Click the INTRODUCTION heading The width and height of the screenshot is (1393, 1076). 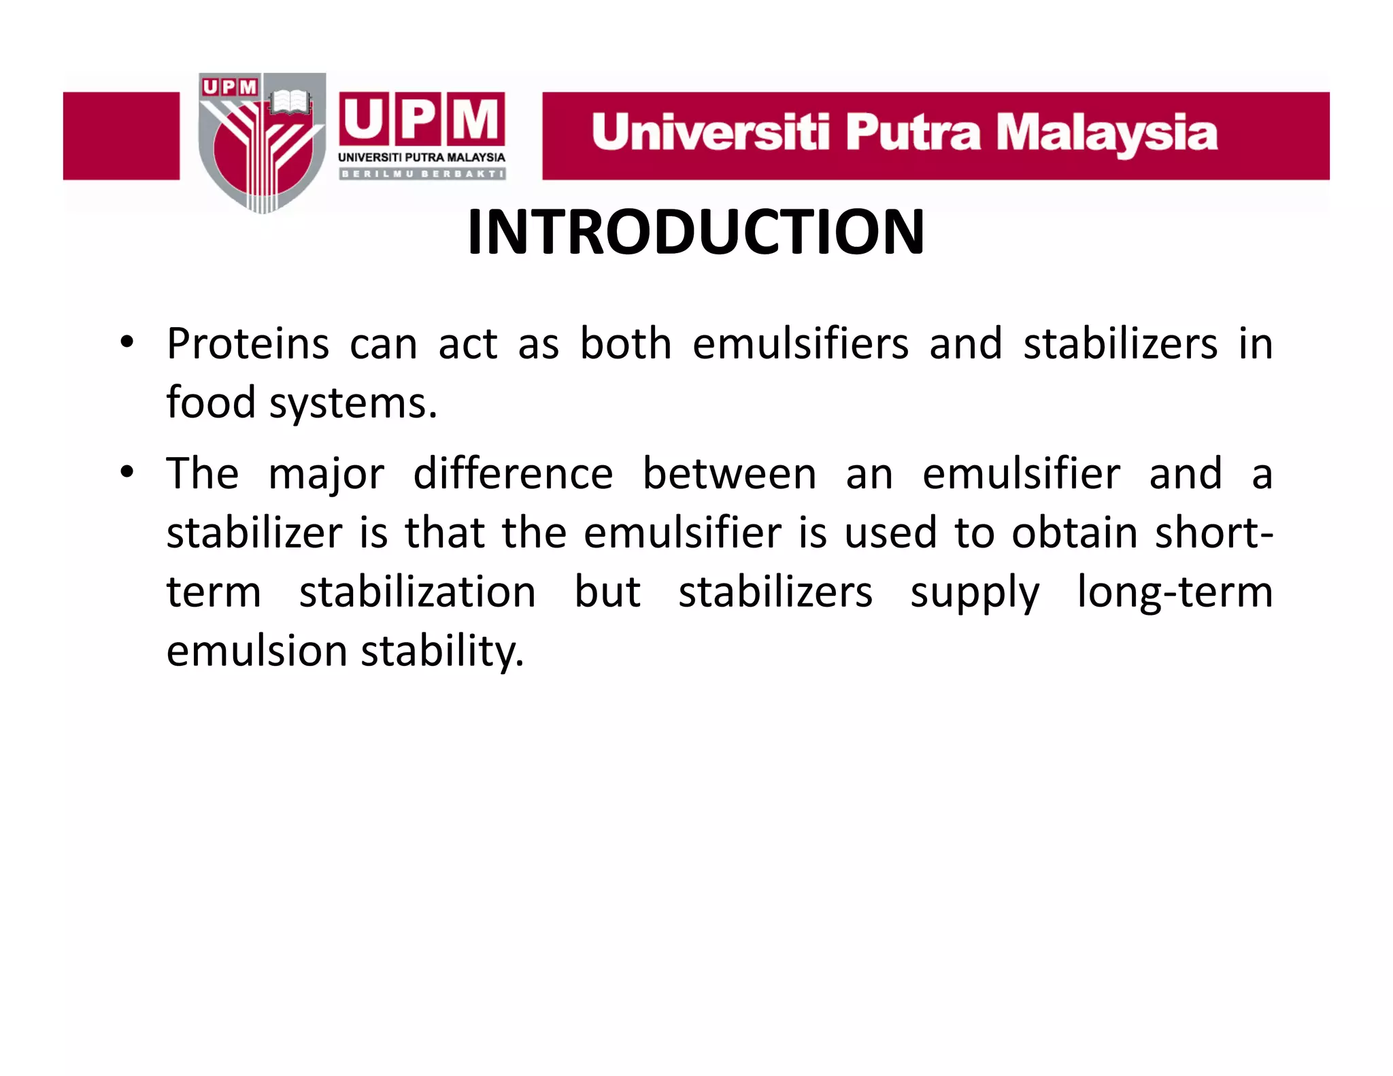pyautogui.click(x=696, y=233)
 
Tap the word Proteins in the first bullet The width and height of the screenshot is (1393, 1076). pyautogui.click(x=248, y=343)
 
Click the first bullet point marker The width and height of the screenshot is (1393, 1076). pyautogui.click(x=127, y=342)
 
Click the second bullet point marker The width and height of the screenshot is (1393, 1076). pyautogui.click(x=127, y=472)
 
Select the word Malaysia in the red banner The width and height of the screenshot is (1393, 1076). pyautogui.click(x=1107, y=134)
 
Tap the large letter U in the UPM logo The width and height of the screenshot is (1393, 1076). pyautogui.click(x=365, y=119)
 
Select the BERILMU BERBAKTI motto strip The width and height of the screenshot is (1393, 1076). pyautogui.click(x=422, y=174)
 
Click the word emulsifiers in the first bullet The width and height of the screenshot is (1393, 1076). pyautogui.click(x=800, y=343)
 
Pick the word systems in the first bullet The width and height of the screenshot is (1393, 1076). pyautogui.click(x=353, y=404)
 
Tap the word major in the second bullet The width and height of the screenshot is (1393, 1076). pyautogui.click(x=326, y=475)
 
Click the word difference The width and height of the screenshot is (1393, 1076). pyautogui.click(x=513, y=473)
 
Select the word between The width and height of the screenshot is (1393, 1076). pyautogui.click(x=729, y=473)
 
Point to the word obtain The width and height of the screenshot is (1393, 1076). pyautogui.click(x=1074, y=533)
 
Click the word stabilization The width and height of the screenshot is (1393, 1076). pyautogui.click(x=418, y=592)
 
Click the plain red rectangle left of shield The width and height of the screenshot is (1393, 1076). pyautogui.click(x=121, y=136)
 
